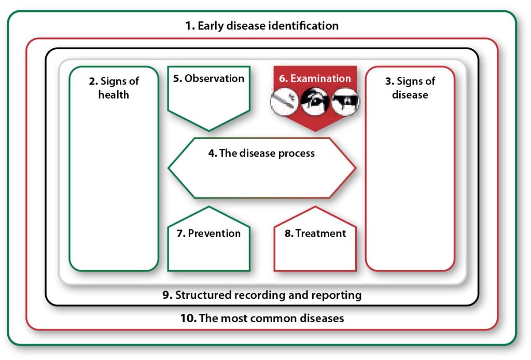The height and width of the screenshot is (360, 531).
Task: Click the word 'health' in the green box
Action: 114,95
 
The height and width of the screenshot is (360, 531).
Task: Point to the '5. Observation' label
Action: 208,78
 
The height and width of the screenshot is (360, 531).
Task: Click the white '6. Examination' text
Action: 315,78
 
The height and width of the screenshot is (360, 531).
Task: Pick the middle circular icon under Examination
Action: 315,101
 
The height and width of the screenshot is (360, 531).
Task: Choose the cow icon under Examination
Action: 345,101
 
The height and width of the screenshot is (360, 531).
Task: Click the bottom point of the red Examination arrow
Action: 315,130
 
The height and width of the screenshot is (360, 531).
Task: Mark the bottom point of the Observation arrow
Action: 209,130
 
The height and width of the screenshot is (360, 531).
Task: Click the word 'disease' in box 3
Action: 410,95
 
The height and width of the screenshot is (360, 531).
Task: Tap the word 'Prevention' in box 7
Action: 214,233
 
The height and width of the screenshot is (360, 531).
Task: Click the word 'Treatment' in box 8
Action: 320,233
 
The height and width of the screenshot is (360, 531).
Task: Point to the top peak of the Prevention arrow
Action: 209,207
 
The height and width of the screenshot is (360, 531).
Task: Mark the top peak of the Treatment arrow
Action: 315,207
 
